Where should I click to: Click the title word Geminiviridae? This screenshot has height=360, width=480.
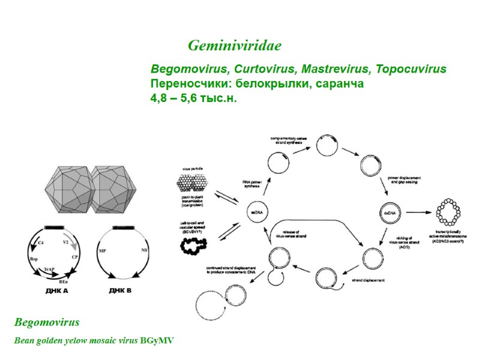235,46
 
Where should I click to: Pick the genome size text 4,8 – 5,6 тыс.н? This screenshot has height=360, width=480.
194,98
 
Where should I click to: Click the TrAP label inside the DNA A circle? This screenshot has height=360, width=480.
53,270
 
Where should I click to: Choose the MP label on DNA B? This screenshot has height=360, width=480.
102,248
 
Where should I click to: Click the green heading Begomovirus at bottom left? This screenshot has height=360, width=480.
47,322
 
